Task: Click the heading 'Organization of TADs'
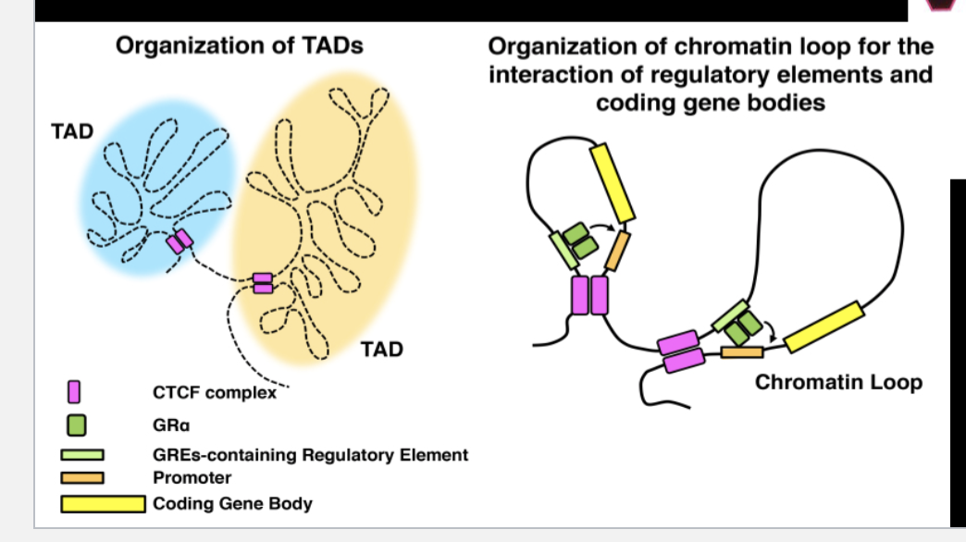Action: (x=240, y=45)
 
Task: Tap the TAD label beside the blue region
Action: (x=72, y=131)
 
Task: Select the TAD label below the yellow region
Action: (x=382, y=349)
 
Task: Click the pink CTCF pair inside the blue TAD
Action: (x=180, y=241)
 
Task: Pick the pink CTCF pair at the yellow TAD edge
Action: (x=263, y=283)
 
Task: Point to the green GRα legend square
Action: (x=77, y=425)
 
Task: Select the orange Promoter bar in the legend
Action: (x=82, y=478)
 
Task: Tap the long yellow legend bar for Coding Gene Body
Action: (x=102, y=504)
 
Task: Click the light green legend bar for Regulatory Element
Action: (x=82, y=455)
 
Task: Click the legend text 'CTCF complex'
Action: (x=215, y=393)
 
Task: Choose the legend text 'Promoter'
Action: (x=192, y=478)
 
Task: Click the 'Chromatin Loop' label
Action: (x=838, y=382)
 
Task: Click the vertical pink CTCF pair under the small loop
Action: (x=589, y=295)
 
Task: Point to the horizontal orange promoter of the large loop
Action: (x=742, y=351)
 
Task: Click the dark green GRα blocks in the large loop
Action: (x=742, y=326)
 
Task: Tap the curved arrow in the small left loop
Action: (x=605, y=225)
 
